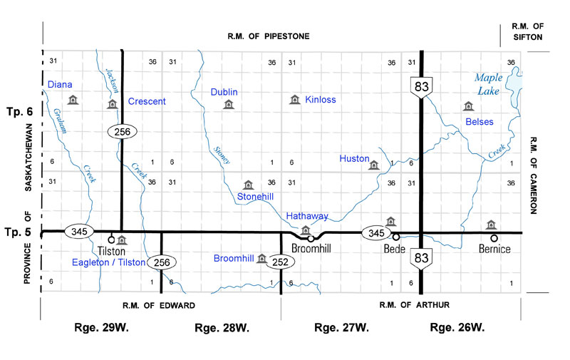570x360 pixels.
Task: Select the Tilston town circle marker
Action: pyautogui.click(x=111, y=240)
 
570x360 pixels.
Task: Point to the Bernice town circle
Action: pyautogui.click(x=494, y=238)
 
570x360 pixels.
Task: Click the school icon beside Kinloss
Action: pyautogui.click(x=294, y=100)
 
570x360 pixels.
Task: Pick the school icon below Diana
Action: pyautogui.click(x=71, y=101)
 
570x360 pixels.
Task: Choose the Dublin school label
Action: pyautogui.click(x=224, y=92)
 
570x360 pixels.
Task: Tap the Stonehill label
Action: pyautogui.click(x=256, y=196)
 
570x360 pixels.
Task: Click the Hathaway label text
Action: pyautogui.click(x=307, y=216)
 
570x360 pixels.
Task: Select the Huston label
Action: pyautogui.click(x=354, y=158)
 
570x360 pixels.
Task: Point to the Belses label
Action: pyautogui.click(x=479, y=122)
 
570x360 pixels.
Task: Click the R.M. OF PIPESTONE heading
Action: pyautogui.click(x=269, y=36)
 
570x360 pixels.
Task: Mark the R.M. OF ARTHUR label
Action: pyautogui.click(x=414, y=304)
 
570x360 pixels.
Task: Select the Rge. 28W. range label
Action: pyautogui.click(x=222, y=328)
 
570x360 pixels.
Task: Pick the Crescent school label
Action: pyautogui.click(x=147, y=101)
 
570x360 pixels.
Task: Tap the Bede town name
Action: pyautogui.click(x=394, y=250)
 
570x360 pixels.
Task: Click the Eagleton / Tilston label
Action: pyautogui.click(x=109, y=262)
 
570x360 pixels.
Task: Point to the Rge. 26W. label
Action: pyautogui.click(x=457, y=328)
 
